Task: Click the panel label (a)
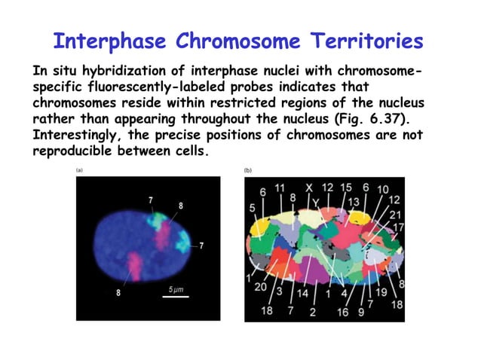[79, 171]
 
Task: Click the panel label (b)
[248, 171]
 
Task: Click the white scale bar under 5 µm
[176, 297]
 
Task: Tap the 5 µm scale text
[175, 288]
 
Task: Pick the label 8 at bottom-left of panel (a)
[118, 293]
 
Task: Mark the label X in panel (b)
[308, 187]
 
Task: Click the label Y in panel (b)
[315, 202]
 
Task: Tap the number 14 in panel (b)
[302, 293]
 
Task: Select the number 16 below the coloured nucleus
[342, 311]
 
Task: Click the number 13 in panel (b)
[354, 202]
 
